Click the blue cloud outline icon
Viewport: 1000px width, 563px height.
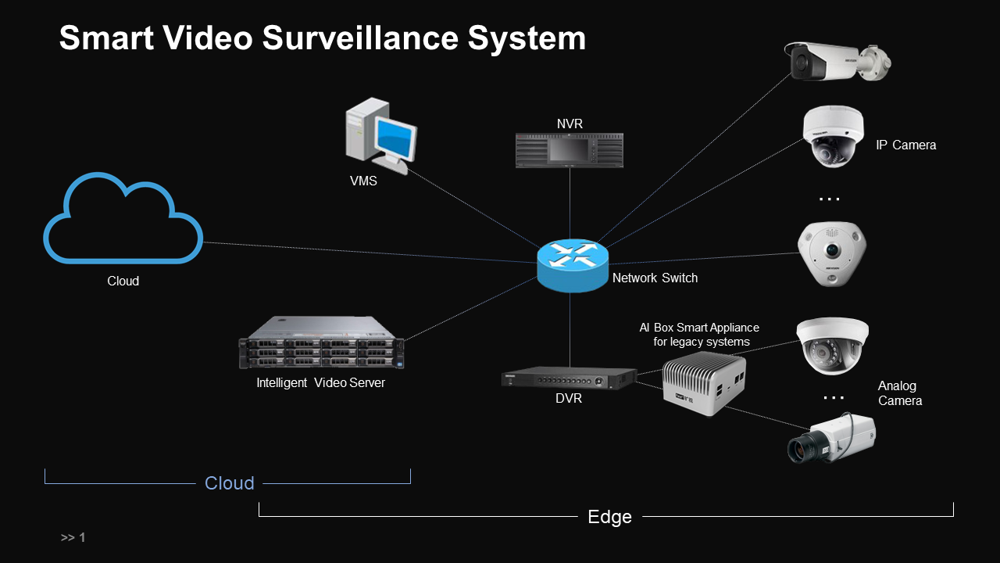(x=123, y=218)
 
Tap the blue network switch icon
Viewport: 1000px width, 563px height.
(x=573, y=264)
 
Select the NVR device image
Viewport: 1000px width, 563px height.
(x=570, y=150)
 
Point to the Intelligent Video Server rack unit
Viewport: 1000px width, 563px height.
(x=321, y=342)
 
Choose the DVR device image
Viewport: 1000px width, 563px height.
(x=567, y=378)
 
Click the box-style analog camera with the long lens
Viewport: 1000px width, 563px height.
(x=831, y=438)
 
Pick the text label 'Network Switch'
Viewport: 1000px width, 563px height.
(x=655, y=278)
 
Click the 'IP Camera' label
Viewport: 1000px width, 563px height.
(x=905, y=145)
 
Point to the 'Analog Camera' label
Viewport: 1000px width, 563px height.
(x=899, y=393)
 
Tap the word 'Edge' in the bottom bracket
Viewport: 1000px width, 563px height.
(x=609, y=517)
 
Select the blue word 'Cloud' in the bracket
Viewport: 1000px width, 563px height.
(x=229, y=483)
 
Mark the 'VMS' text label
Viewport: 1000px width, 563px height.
(x=363, y=181)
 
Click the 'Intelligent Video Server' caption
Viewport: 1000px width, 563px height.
(x=320, y=383)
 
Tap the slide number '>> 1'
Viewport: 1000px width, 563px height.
(x=73, y=538)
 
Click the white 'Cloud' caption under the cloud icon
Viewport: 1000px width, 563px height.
(x=123, y=281)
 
